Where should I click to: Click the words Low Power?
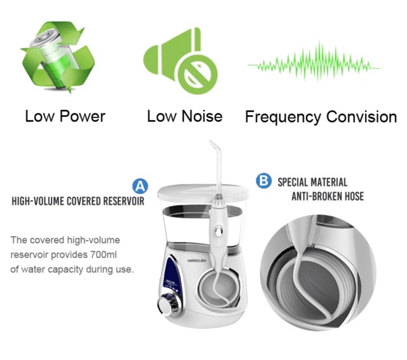tap(65, 116)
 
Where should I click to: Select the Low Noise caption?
tap(184, 116)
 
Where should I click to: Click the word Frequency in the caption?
tap(282, 117)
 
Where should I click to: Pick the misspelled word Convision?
tap(361, 117)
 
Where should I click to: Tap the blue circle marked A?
tap(140, 186)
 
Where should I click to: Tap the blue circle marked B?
tap(263, 181)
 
